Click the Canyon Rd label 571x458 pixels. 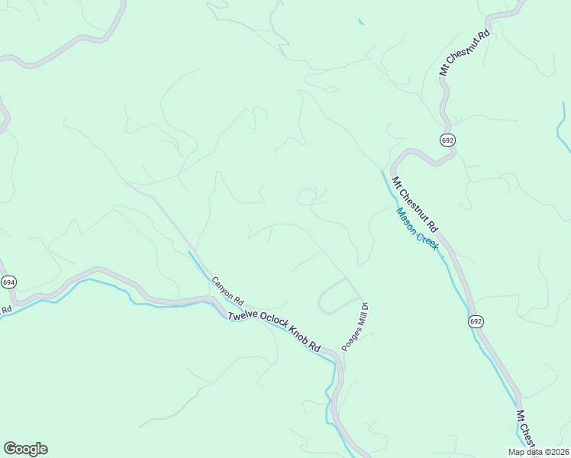[227, 290]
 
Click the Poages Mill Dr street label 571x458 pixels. [355, 325]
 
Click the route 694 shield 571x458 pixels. [8, 282]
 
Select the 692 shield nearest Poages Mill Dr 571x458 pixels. [476, 321]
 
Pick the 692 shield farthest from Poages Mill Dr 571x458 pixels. [448, 139]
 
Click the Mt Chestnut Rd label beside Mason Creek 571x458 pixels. [415, 205]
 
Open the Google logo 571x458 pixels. [25, 449]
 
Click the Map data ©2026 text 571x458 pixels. [539, 452]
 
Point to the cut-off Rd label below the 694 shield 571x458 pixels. [6, 310]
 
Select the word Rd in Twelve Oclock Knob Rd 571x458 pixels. [314, 346]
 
